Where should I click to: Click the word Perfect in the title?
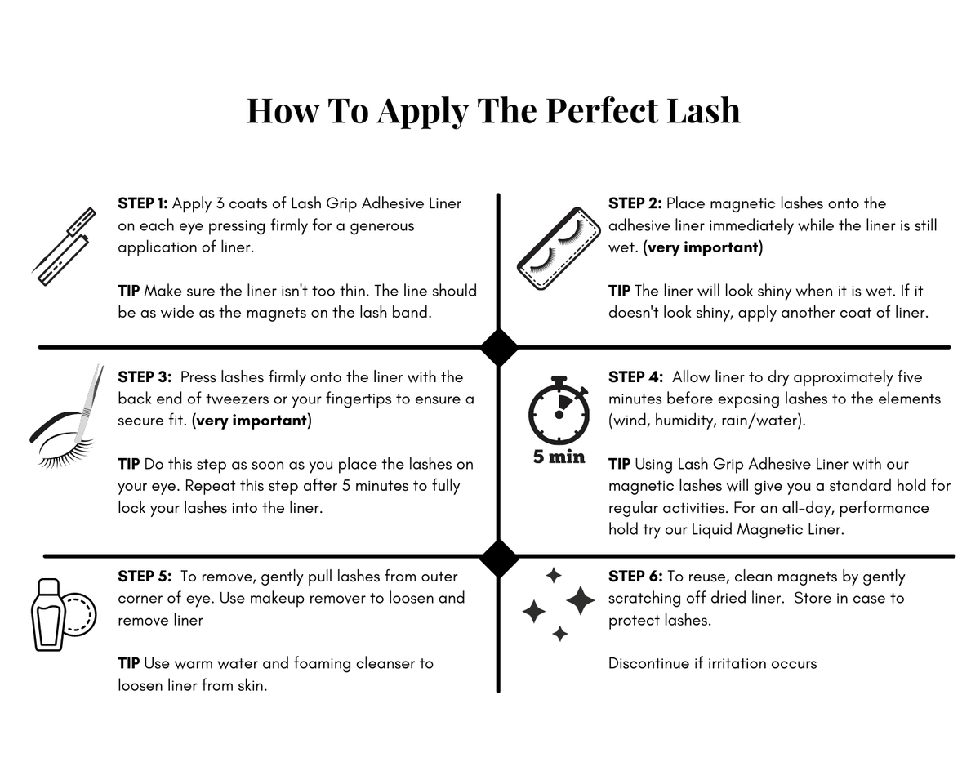(x=602, y=111)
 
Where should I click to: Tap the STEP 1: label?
(x=143, y=203)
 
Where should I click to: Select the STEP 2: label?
(x=635, y=203)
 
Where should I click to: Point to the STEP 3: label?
(x=145, y=377)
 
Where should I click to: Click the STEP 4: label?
(x=635, y=377)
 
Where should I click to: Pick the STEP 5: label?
(x=145, y=577)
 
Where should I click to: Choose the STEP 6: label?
(x=635, y=577)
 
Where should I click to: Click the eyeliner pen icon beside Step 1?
(x=65, y=247)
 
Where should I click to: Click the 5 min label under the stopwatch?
(x=559, y=457)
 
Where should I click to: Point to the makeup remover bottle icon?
(x=64, y=614)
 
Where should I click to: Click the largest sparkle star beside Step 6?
(x=580, y=600)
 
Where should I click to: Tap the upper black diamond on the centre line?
(x=499, y=348)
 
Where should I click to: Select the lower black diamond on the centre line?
(x=499, y=558)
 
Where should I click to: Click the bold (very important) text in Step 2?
(x=702, y=247)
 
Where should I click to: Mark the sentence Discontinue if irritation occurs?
(x=712, y=663)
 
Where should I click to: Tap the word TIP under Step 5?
(x=129, y=663)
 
